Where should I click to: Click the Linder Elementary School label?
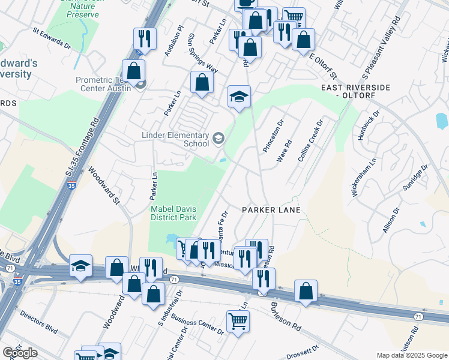tap(174, 139)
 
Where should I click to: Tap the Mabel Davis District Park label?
tap(173, 212)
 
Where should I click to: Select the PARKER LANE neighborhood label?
tap(271, 210)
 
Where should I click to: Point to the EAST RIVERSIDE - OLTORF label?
tap(355, 91)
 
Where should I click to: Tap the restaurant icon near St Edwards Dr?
tap(145, 40)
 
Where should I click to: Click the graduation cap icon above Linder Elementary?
tap(239, 97)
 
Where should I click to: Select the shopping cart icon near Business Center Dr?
tap(238, 322)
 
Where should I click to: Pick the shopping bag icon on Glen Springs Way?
tap(202, 83)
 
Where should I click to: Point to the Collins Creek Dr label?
tap(311, 142)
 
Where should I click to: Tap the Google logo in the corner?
tap(20, 353)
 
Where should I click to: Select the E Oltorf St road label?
tap(324, 65)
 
